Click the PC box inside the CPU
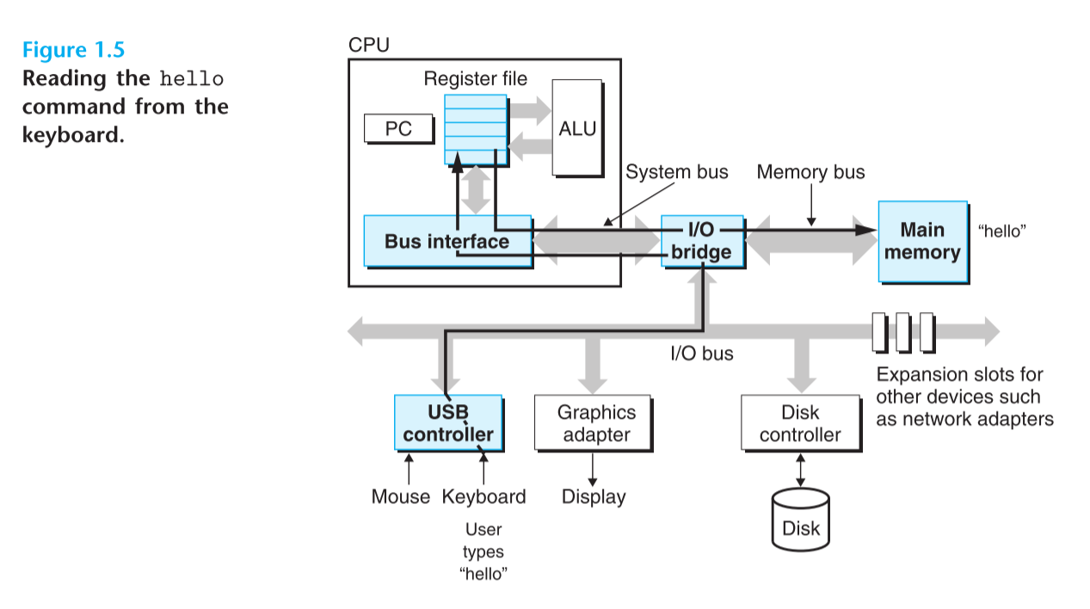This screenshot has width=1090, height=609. [398, 129]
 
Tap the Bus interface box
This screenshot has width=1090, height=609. [446, 241]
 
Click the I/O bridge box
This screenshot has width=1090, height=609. [702, 241]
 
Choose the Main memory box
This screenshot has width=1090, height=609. [922, 241]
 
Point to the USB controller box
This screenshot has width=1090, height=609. [448, 422]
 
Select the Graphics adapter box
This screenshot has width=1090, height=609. [592, 423]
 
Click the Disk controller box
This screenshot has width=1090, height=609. [800, 423]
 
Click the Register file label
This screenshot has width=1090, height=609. [475, 79]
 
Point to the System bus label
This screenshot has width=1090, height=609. [676, 172]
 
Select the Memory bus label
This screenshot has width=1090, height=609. [810, 172]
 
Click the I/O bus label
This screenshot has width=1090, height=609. [702, 353]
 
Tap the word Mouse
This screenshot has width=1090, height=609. [400, 496]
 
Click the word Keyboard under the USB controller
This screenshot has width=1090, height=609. [483, 496]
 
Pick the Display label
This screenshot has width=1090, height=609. [594, 496]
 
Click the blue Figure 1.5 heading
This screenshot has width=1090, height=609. [73, 49]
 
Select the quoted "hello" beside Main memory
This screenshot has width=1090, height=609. [1003, 231]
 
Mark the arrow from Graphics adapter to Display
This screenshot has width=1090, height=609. [593, 469]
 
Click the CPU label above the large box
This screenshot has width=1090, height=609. [368, 45]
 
